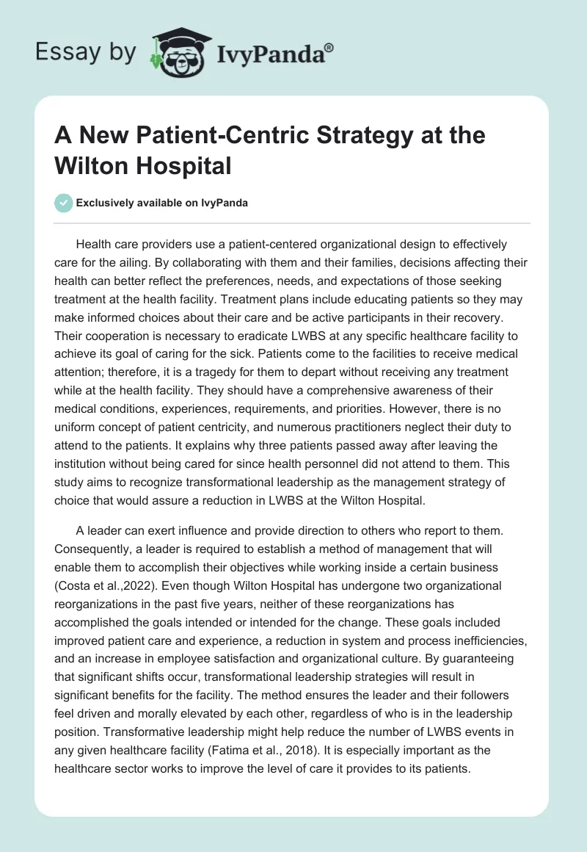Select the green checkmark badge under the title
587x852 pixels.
click(x=64, y=203)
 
